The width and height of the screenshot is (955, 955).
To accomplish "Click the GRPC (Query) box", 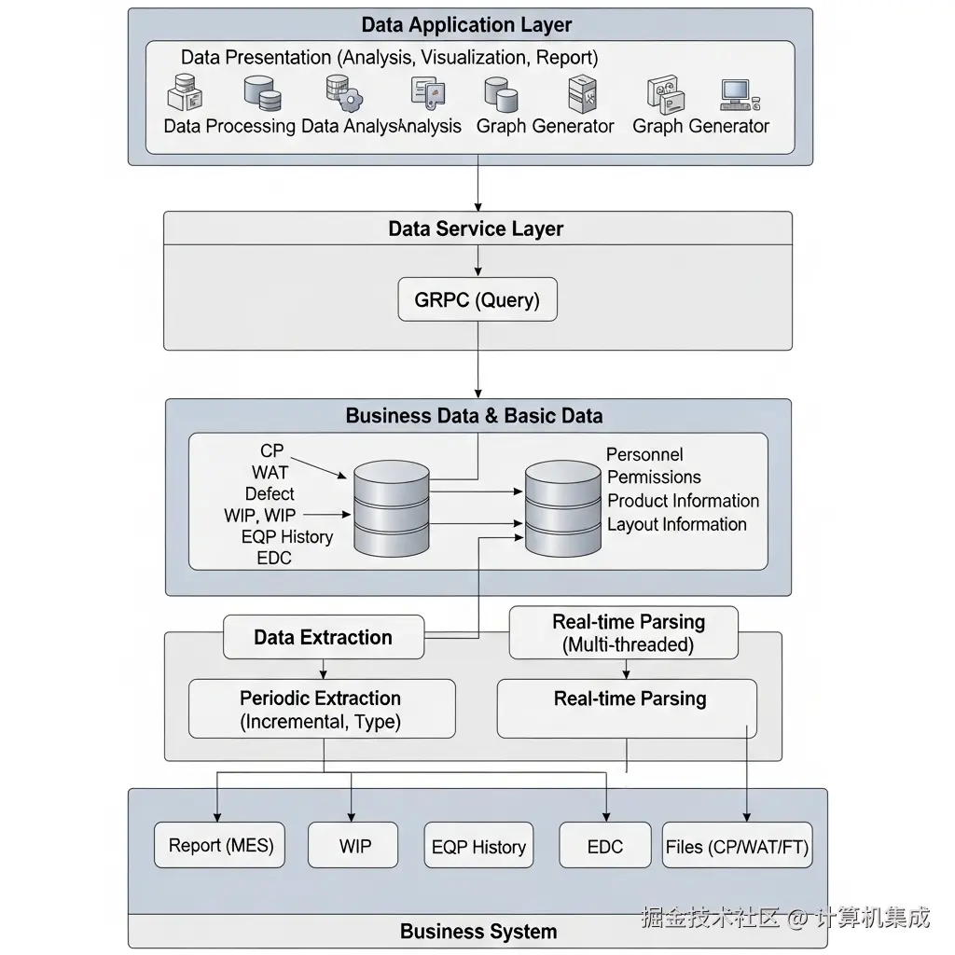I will coord(477,300).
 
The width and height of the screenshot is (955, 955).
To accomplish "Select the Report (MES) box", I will coord(221,846).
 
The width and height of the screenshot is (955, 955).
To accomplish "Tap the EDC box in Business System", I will coord(604,847).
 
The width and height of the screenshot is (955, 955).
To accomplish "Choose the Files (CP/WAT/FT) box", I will coord(737,847).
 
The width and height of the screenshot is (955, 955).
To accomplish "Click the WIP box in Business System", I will coord(354,846).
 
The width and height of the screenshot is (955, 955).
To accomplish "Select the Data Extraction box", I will coord(323,638).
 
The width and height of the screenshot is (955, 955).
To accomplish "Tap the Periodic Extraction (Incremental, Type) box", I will coord(321,710).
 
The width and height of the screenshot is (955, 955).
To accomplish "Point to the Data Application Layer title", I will coord(466,25).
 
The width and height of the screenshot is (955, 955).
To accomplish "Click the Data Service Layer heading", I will coord(476,228).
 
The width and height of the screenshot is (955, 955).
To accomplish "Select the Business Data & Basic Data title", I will coord(474,415).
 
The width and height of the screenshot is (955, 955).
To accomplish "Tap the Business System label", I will coord(477,931).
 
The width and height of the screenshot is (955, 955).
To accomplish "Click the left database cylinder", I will coord(391,510).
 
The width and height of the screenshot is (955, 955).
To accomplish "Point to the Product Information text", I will coord(683,501).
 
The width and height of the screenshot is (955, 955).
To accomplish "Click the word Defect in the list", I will coord(270,494).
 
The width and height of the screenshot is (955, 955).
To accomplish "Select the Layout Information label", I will coord(676,524).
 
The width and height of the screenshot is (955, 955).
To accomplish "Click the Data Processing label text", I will coord(229,126).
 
